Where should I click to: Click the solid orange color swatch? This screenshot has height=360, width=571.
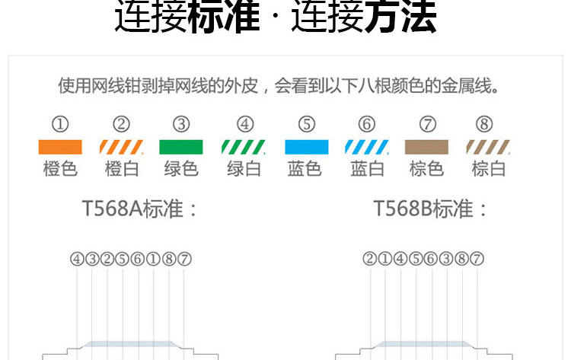(60, 147)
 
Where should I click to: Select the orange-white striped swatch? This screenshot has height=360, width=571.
(121, 147)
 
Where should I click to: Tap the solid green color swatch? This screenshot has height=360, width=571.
(181, 147)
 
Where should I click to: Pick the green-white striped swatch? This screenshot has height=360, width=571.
(244, 147)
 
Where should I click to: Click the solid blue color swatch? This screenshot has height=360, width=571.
(307, 147)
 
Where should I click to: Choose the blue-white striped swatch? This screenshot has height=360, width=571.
(367, 147)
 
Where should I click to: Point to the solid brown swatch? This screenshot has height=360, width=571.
(426, 147)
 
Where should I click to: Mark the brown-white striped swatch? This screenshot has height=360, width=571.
(488, 147)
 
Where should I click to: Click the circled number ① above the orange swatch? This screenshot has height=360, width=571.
(60, 124)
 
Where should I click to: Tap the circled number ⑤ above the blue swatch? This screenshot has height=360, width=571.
(307, 124)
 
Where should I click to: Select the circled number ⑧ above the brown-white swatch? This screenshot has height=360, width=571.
(484, 124)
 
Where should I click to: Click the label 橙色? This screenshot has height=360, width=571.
(60, 169)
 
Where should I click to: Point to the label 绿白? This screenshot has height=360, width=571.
(244, 169)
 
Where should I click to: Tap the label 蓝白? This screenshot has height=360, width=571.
(367, 169)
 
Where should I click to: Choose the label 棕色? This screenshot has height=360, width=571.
(426, 169)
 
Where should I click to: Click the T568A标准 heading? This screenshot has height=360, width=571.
(133, 209)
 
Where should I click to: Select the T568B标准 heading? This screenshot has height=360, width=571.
(423, 209)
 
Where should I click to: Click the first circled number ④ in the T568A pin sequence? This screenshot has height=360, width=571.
(77, 260)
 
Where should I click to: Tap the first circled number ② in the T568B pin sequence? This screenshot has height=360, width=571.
(369, 259)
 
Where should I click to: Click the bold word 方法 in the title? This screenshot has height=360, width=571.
(400, 17)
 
